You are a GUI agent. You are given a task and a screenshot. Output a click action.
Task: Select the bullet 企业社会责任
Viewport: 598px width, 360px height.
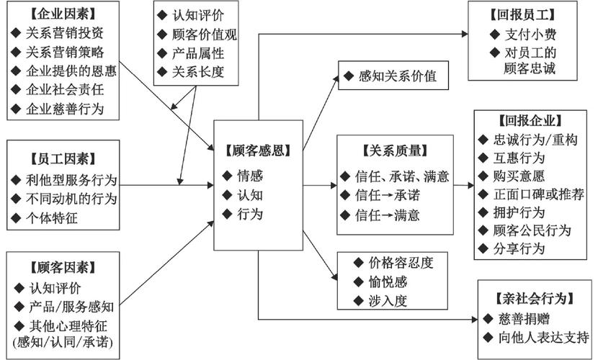point(65,91)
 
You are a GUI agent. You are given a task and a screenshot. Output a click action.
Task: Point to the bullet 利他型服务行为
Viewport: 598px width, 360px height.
point(72,179)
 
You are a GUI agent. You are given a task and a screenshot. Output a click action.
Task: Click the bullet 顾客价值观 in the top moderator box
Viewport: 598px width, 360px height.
point(203,35)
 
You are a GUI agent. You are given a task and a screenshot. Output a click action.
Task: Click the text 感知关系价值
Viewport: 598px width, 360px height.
point(396,76)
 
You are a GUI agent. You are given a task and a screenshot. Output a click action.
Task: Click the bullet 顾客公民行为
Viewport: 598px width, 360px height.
point(535,230)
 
